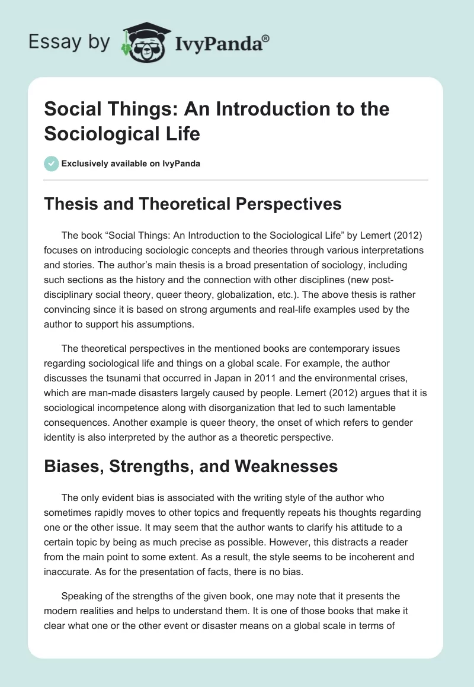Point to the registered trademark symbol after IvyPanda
pyautogui.click(x=266, y=38)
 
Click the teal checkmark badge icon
pyautogui.click(x=52, y=163)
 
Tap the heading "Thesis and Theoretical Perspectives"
pyautogui.click(x=193, y=204)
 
